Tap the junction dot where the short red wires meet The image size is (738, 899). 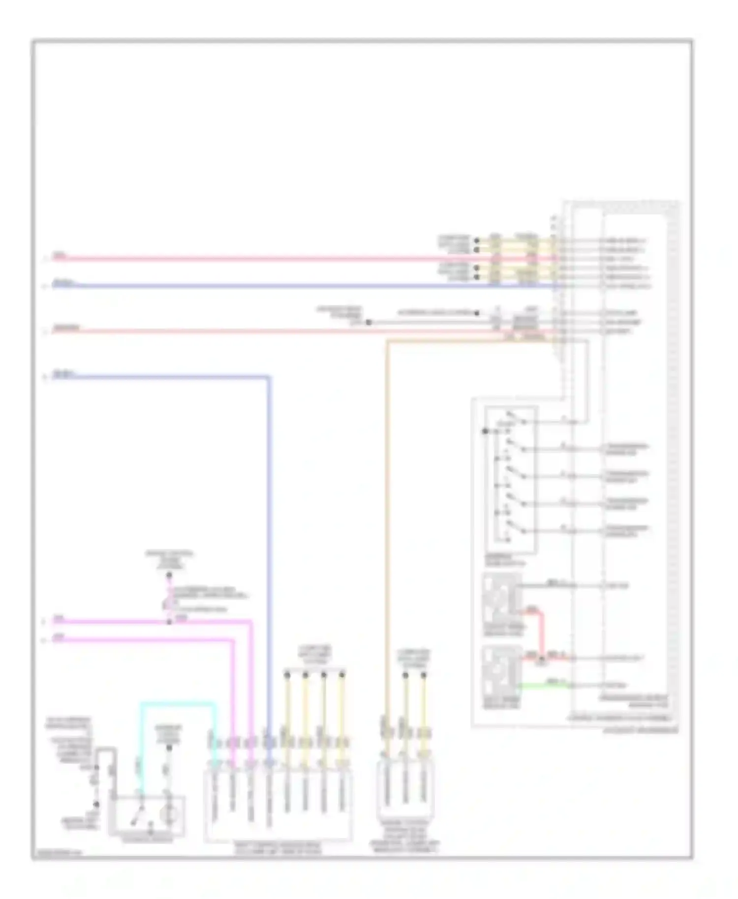(x=542, y=658)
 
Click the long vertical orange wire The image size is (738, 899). (x=388, y=541)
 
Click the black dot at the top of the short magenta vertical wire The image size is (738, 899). (x=169, y=575)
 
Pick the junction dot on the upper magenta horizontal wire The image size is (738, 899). (x=169, y=622)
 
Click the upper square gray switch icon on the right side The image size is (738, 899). (x=501, y=598)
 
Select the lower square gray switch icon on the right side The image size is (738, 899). (x=501, y=670)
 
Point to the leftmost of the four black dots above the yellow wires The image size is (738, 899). (x=287, y=675)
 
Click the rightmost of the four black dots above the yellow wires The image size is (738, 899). (x=342, y=675)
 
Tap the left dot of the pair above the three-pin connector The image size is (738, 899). (x=405, y=675)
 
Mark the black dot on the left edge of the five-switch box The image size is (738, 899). (x=485, y=431)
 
